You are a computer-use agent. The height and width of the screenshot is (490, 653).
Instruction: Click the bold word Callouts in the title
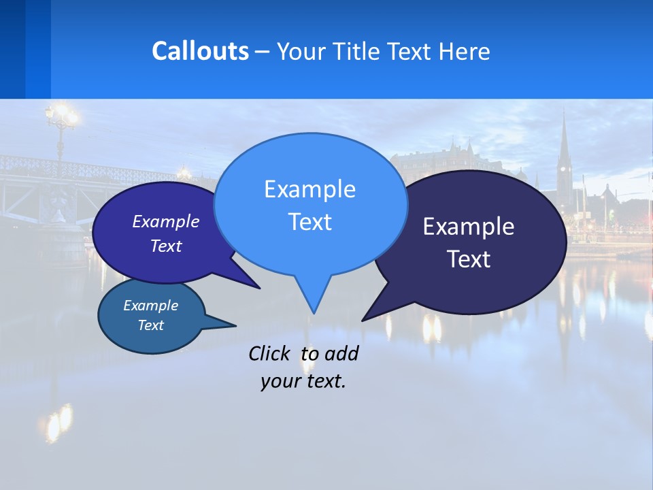[200, 51]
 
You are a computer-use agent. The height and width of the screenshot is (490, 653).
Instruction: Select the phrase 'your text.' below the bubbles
[303, 381]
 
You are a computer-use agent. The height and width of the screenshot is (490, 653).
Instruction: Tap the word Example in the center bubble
[309, 189]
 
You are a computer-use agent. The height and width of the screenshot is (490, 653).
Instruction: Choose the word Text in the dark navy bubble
[469, 259]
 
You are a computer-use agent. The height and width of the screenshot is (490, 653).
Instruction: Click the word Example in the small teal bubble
[150, 306]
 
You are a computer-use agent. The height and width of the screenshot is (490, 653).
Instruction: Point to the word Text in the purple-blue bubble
[166, 246]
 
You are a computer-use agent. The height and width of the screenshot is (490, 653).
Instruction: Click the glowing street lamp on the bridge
[63, 116]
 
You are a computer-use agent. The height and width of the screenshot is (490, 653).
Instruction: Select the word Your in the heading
[303, 52]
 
